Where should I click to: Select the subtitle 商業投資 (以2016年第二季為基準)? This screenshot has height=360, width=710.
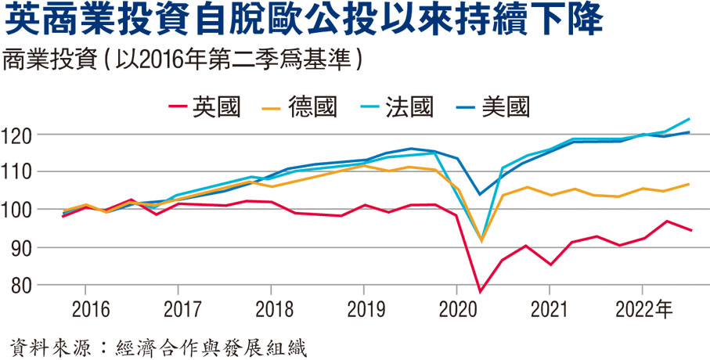[185, 60]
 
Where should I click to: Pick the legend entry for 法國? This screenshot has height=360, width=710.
[409, 106]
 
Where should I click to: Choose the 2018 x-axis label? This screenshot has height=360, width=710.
[270, 310]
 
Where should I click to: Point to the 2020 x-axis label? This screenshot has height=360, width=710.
[456, 310]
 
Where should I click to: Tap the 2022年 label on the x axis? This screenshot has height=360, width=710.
[647, 310]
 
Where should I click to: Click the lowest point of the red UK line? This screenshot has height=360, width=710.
[480, 292]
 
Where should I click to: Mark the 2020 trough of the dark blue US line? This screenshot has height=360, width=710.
[480, 194]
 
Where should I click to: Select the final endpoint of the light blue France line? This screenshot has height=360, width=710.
[689, 119]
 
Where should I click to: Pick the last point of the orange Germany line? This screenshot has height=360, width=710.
[689, 185]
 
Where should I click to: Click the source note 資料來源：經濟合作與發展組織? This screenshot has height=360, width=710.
[157, 345]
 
